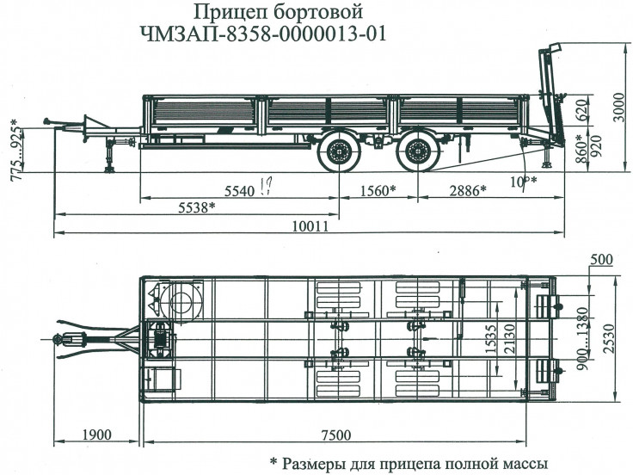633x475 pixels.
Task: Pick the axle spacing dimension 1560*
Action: point(373,190)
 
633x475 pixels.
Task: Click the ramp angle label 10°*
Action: point(524,181)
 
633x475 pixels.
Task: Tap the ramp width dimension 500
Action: point(601,260)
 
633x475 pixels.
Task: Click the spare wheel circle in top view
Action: point(184,304)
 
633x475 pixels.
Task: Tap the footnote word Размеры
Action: point(318,463)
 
